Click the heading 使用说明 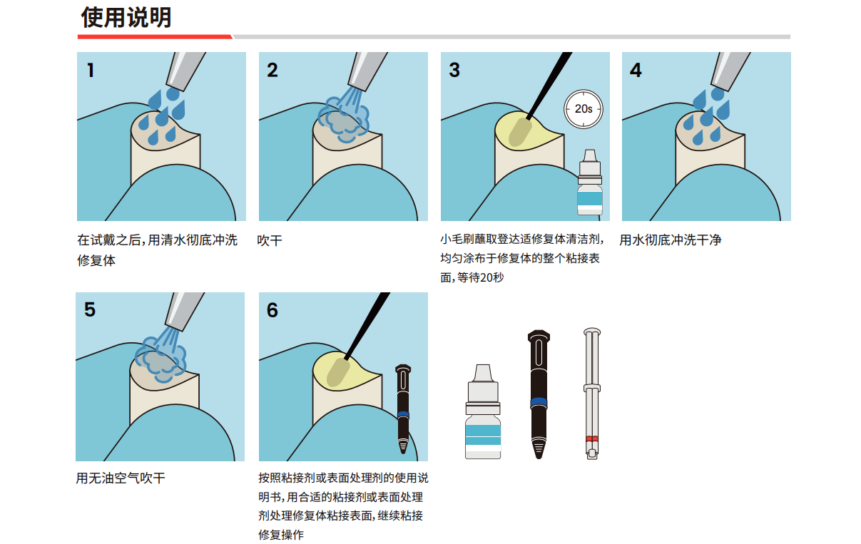click(x=126, y=17)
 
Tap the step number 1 click(x=91, y=71)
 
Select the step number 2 click(x=272, y=71)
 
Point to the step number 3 click(x=454, y=71)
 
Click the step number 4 click(x=636, y=71)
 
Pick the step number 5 click(x=90, y=309)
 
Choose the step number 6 click(x=272, y=310)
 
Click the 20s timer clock click(x=583, y=109)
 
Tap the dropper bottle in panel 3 click(x=590, y=182)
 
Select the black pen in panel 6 click(x=403, y=409)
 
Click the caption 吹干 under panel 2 click(x=270, y=240)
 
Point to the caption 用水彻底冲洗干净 click(x=671, y=240)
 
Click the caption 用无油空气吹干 click(x=121, y=478)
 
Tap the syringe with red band click(x=592, y=394)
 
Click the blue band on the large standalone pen click(x=539, y=403)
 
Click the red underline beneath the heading click(x=155, y=37)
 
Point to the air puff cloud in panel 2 click(x=343, y=119)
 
